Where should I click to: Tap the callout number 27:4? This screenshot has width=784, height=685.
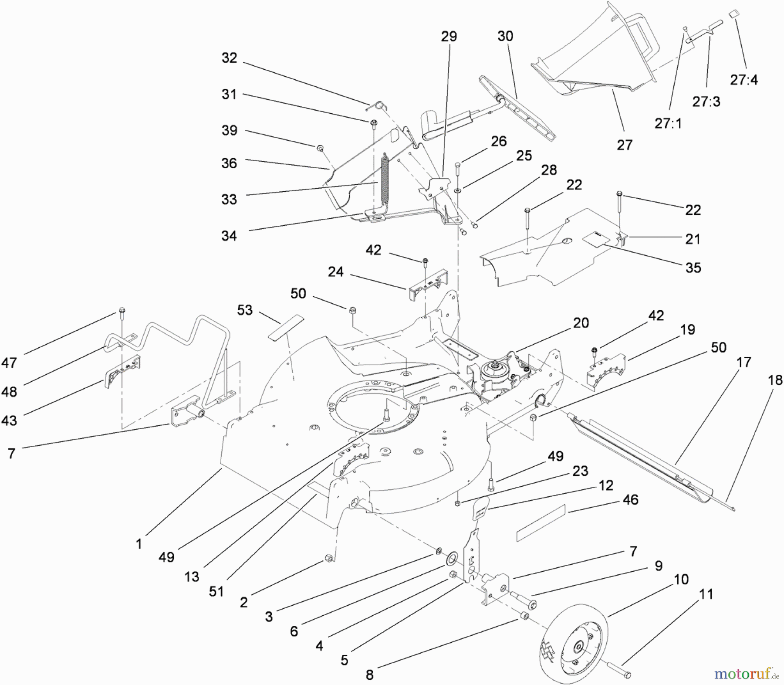click(x=744, y=80)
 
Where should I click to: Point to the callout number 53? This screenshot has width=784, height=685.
click(x=245, y=310)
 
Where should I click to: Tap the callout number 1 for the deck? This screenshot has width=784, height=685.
click(x=139, y=544)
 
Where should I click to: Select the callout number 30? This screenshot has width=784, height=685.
click(x=505, y=36)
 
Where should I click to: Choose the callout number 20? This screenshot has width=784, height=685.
click(x=581, y=323)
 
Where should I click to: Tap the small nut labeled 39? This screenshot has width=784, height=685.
click(x=320, y=149)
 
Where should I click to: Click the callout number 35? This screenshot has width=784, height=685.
click(x=693, y=268)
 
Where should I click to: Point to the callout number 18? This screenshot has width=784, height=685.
click(x=775, y=380)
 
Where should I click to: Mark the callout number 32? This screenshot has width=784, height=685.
click(x=229, y=58)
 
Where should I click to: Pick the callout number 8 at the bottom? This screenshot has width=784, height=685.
click(x=369, y=675)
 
